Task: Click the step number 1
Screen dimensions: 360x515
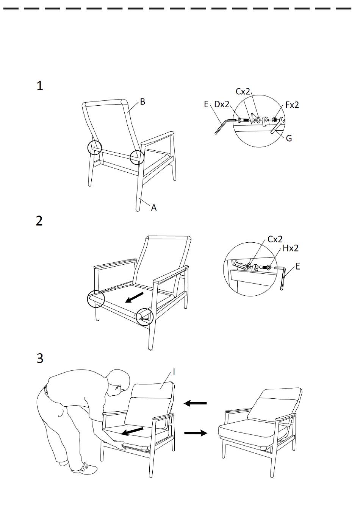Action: click(x=40, y=86)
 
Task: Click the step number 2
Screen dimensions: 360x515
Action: click(x=39, y=221)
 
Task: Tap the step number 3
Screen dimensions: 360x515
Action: click(x=40, y=358)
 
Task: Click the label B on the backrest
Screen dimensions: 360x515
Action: click(x=142, y=101)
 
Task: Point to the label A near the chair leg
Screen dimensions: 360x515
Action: click(x=153, y=208)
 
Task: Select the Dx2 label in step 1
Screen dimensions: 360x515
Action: click(x=222, y=104)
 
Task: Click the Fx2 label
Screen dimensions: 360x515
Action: click(x=292, y=105)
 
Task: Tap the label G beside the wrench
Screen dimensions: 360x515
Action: click(x=289, y=138)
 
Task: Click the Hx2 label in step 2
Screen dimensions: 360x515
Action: click(x=291, y=248)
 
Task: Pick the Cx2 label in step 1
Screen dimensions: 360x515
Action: click(x=243, y=92)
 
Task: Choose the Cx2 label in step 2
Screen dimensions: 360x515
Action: click(x=275, y=239)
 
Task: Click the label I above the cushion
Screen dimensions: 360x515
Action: click(x=174, y=372)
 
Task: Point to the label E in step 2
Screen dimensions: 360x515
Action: click(x=297, y=267)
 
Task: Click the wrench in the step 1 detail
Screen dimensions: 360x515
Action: click(x=277, y=126)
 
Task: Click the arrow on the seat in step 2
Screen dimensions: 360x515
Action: click(x=134, y=297)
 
